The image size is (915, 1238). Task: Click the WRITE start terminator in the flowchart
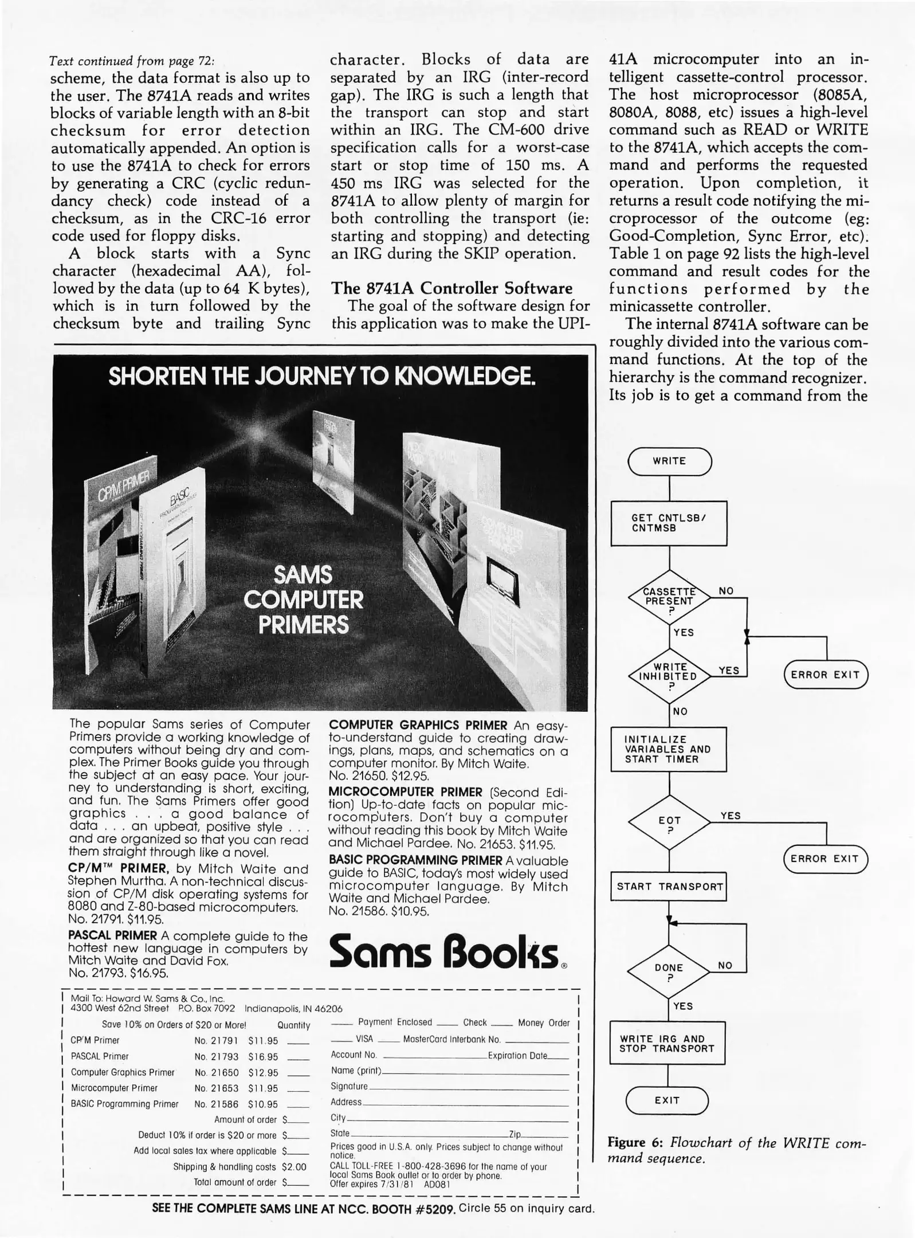pos(669,461)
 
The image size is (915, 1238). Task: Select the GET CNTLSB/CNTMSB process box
pos(669,523)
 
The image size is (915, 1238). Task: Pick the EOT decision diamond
pos(669,823)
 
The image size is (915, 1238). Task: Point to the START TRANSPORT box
pos(669,887)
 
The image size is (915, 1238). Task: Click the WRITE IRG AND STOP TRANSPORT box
pos(666,1043)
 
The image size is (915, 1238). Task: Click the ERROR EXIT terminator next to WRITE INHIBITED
pos(826,675)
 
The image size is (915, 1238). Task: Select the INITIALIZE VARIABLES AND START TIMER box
pos(668,749)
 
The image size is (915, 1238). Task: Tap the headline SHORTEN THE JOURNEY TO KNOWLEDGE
pos(321,377)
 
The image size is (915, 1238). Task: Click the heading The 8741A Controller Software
pos(451,288)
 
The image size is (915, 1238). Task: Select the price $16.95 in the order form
pos(263,1056)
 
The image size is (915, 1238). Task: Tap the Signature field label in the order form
pos(349,1086)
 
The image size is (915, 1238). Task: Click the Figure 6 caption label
pos(635,1142)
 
